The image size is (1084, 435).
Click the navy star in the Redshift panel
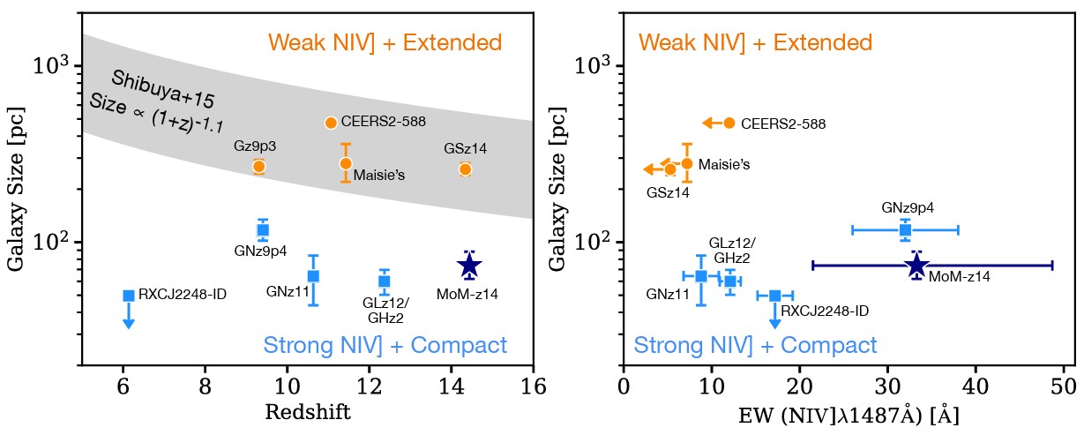(x=469, y=265)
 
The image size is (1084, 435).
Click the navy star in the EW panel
(x=916, y=265)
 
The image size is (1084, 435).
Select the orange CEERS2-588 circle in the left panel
(x=331, y=123)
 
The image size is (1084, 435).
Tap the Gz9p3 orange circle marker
(x=258, y=166)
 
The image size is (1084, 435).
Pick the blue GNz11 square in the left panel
(x=313, y=276)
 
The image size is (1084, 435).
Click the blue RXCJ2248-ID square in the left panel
(x=129, y=296)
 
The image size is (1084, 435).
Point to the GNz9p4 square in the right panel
(x=905, y=230)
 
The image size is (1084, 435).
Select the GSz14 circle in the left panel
(x=466, y=169)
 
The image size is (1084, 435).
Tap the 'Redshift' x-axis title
(x=308, y=413)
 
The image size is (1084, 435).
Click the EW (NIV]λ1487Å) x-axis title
(x=849, y=415)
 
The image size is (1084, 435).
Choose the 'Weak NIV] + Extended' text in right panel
(x=755, y=42)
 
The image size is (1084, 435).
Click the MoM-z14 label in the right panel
(x=960, y=277)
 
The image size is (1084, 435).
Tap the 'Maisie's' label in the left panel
(x=379, y=176)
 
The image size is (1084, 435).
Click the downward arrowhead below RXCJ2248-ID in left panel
(x=129, y=324)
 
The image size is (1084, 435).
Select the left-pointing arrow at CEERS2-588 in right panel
(x=709, y=124)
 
